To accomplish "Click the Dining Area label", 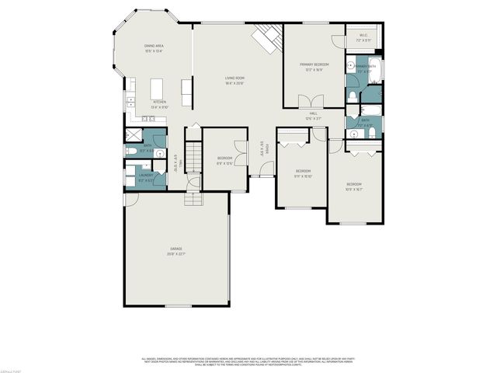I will [154, 48].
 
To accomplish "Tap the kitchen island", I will [159, 85].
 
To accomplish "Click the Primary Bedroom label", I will [315, 66].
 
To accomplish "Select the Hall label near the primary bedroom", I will [314, 115].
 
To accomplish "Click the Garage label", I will [176, 251].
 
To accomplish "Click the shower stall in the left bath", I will [133, 135].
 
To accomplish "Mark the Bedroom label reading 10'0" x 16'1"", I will [354, 186].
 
